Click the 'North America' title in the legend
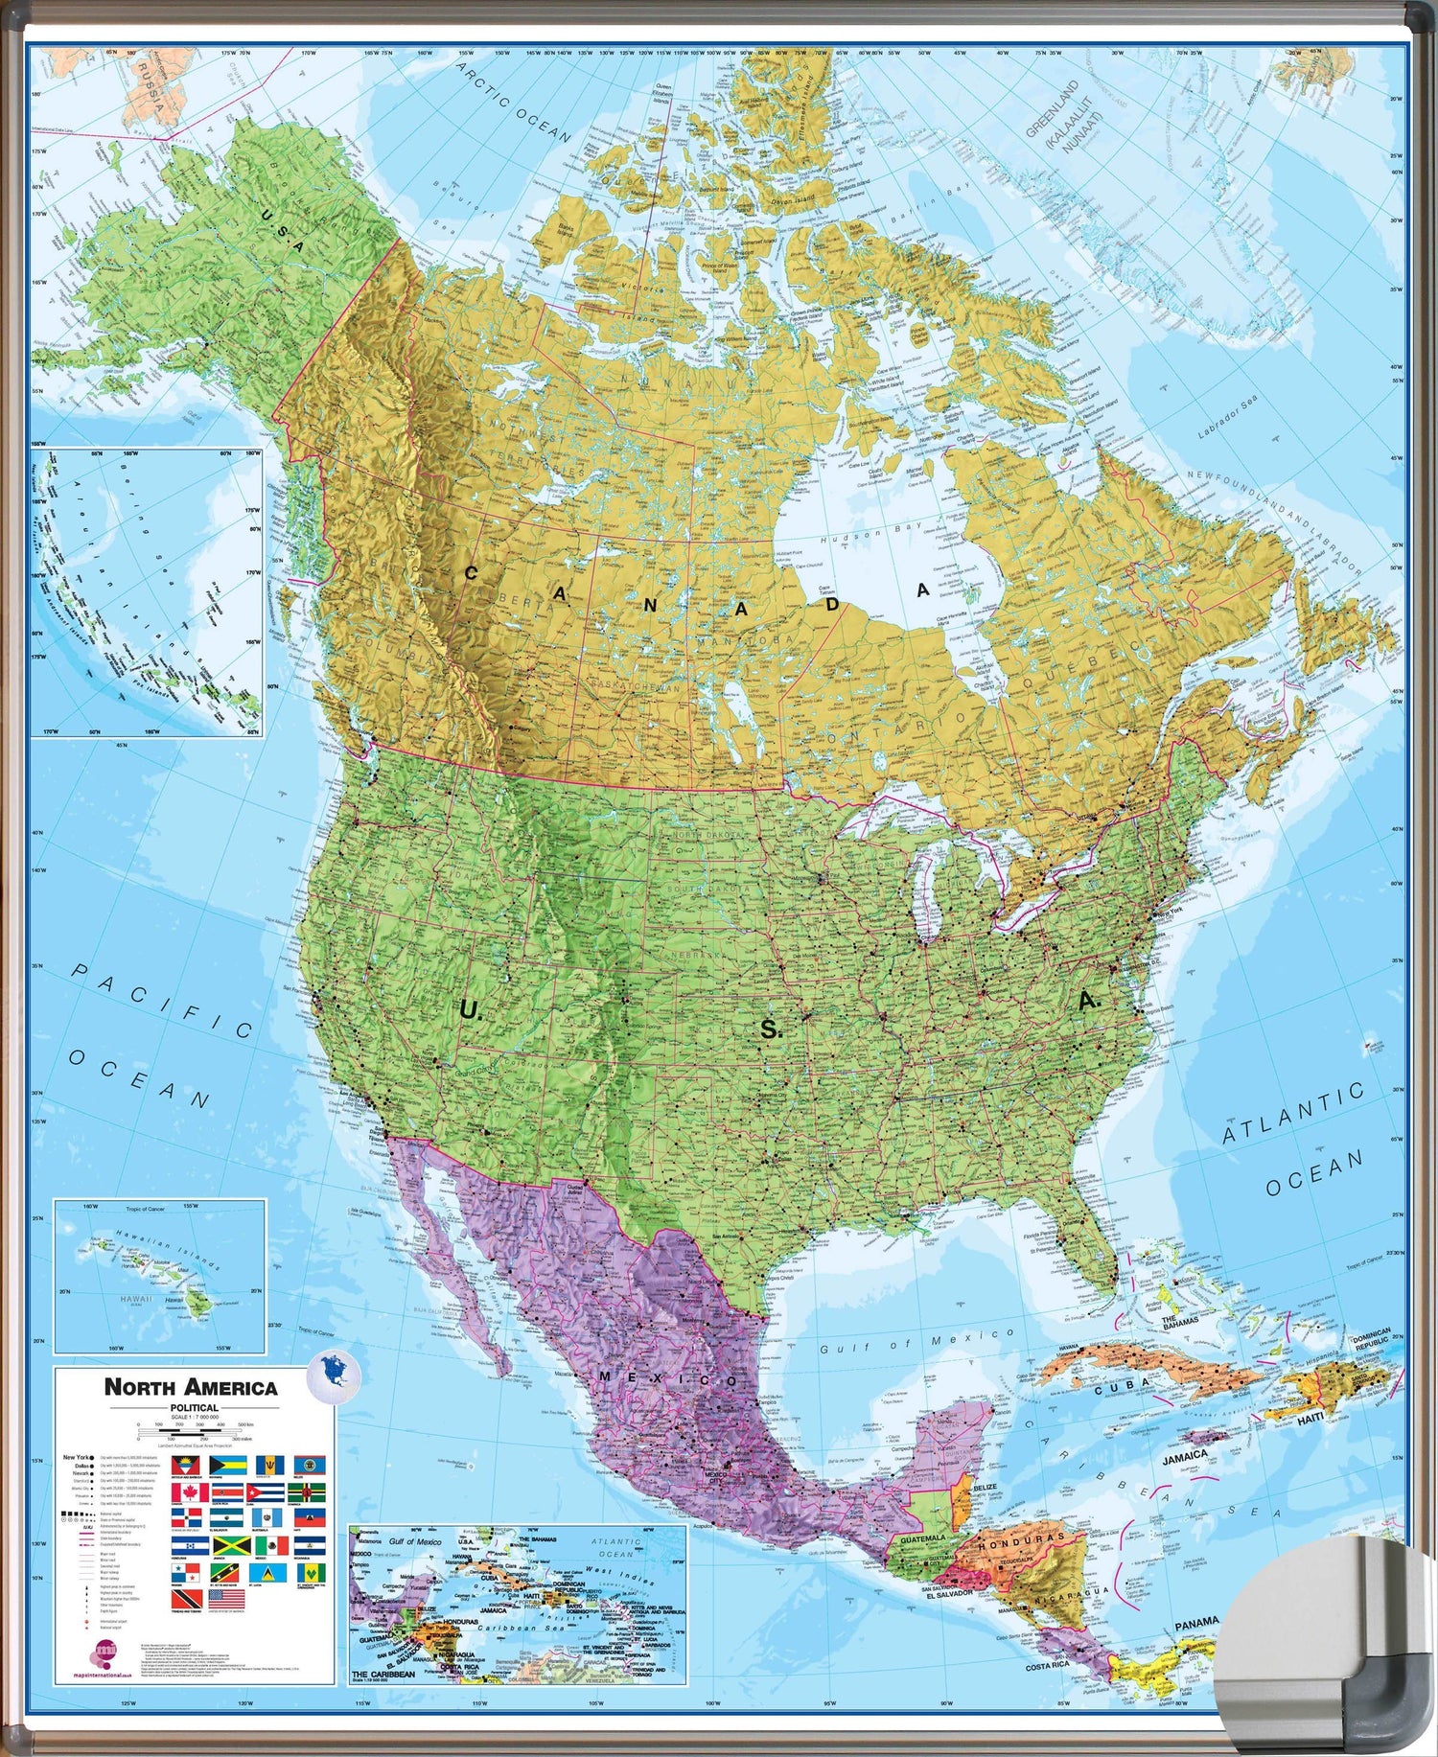click(x=191, y=1387)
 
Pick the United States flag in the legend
click(x=226, y=1599)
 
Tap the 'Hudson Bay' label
click(x=870, y=533)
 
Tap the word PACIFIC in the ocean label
click(x=163, y=999)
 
